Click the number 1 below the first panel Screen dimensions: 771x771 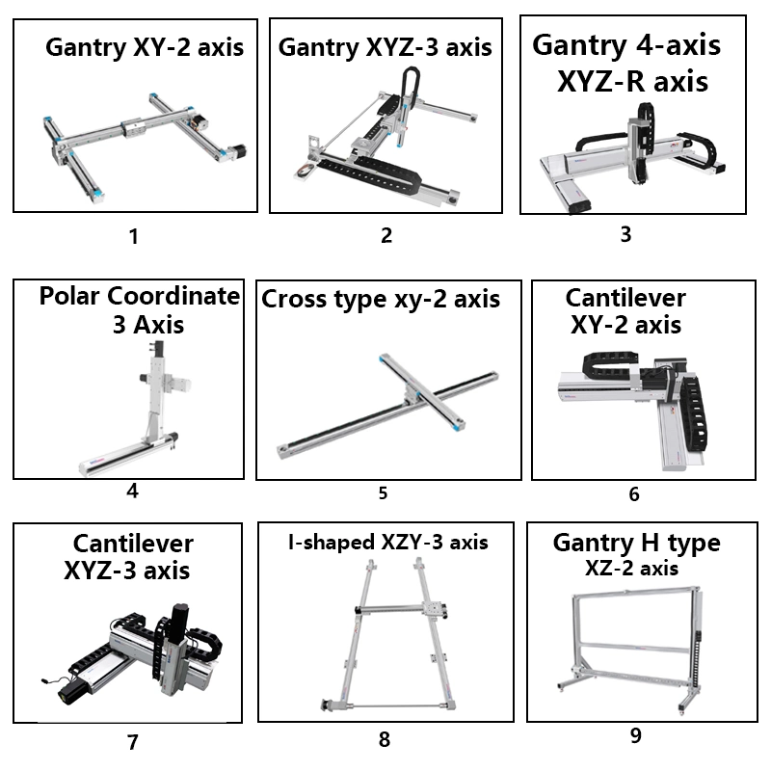click(133, 236)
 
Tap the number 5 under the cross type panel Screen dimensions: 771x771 click(383, 493)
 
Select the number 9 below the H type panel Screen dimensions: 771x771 click(636, 735)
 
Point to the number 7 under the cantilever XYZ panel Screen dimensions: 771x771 click(133, 742)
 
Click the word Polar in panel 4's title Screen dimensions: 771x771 click(69, 296)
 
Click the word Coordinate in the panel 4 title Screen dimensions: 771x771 click(173, 296)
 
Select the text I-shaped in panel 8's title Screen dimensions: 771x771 click(332, 543)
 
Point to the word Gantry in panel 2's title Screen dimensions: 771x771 click(319, 48)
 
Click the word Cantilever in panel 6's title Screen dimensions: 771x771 click(625, 298)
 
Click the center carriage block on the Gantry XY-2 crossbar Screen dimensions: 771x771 click(133, 128)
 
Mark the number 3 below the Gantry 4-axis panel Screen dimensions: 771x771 click(625, 234)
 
